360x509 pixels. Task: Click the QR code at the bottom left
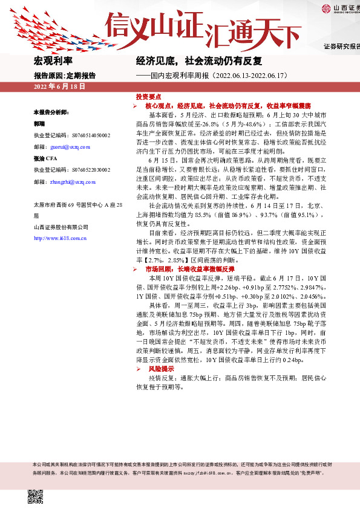[x=36, y=496]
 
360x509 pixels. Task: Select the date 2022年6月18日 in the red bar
[x=59, y=86]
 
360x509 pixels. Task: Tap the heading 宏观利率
[x=53, y=61]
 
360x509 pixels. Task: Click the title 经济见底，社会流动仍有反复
[x=198, y=61]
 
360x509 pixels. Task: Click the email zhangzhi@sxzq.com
[x=73, y=181]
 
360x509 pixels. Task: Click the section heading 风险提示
[x=160, y=368]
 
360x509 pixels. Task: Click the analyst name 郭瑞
[x=39, y=123]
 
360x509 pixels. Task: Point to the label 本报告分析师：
[x=51, y=112]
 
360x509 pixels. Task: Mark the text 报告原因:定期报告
[x=65, y=76]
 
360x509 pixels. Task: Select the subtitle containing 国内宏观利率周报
[x=217, y=76]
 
